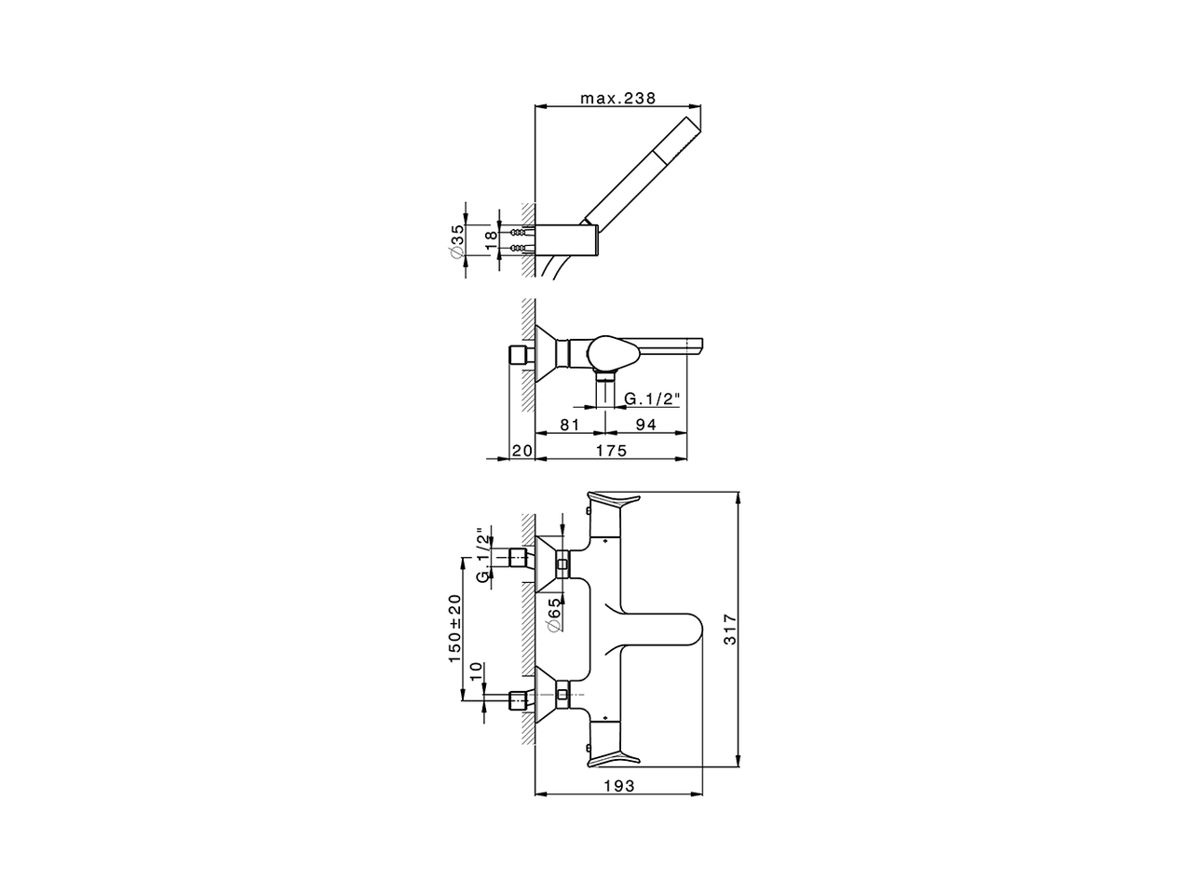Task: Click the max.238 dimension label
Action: [618, 98]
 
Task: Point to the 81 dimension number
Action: [571, 425]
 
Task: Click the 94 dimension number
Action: [645, 425]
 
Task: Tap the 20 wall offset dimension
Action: [521, 451]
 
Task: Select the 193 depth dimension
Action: [618, 786]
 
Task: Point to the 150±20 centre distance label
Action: [455, 629]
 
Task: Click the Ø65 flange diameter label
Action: [554, 616]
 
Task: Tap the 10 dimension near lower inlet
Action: [476, 671]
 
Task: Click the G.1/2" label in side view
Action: [652, 399]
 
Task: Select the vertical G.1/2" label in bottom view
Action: [482, 556]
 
